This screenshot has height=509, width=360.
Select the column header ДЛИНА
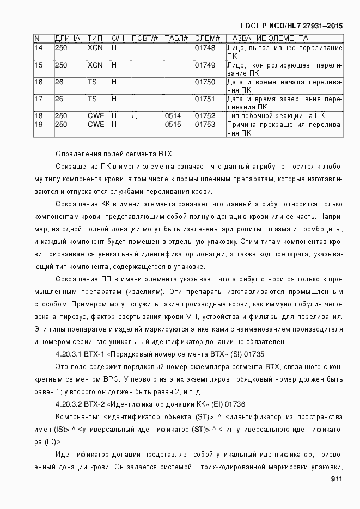(x=67, y=39)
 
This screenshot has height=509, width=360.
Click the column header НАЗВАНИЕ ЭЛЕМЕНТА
(x=267, y=39)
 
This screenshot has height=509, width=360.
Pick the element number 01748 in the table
(x=205, y=48)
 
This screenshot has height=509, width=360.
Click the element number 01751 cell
(x=205, y=99)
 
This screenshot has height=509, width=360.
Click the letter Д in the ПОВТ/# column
(x=135, y=116)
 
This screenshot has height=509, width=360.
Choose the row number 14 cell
(x=38, y=48)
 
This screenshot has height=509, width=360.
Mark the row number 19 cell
(x=38, y=125)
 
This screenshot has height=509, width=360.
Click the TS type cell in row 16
(x=92, y=82)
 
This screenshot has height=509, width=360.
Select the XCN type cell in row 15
(x=95, y=65)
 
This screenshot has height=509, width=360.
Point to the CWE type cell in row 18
(x=96, y=116)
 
